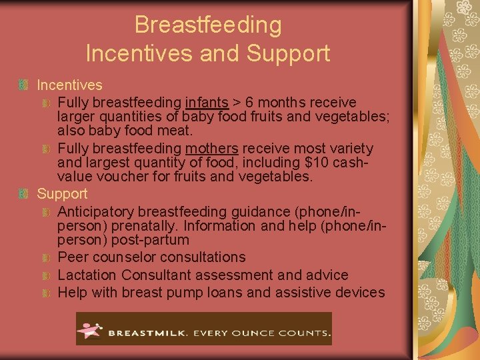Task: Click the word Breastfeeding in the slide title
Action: pyautogui.click(x=208, y=25)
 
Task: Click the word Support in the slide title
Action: pyautogui.click(x=291, y=53)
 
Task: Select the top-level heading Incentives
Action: pyautogui.click(x=69, y=85)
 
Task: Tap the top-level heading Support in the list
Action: pyautogui.click(x=62, y=194)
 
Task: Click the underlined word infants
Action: pyautogui.click(x=206, y=103)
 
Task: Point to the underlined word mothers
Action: pyautogui.click(x=213, y=148)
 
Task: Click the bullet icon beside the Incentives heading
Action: pyautogui.click(x=23, y=85)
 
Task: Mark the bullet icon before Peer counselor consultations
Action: pyautogui.click(x=46, y=257)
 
